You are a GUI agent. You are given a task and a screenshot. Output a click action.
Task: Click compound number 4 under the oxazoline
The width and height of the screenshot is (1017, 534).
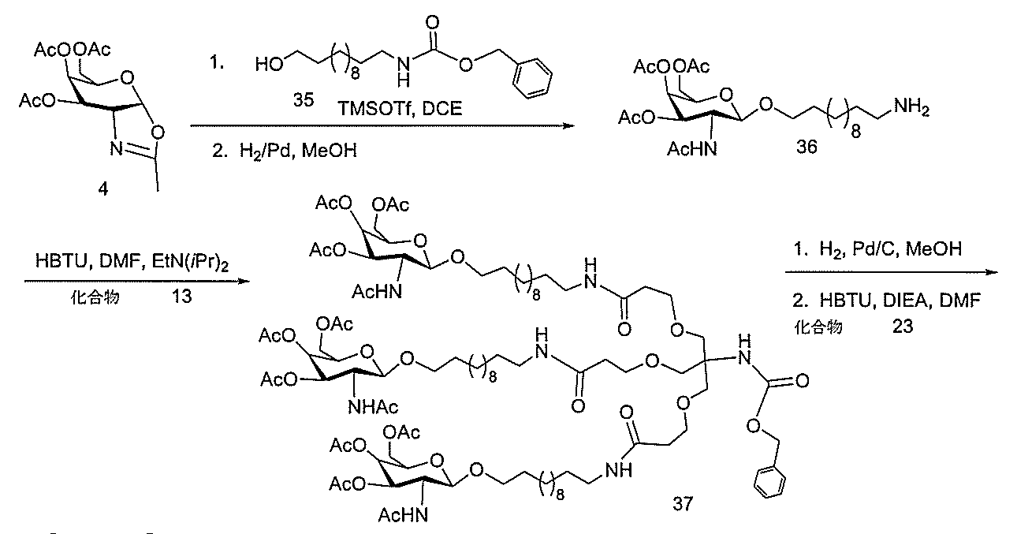[103, 189]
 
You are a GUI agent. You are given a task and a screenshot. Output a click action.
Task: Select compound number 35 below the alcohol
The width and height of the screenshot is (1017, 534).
[304, 99]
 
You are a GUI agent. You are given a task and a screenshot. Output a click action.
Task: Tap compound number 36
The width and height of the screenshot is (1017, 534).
[807, 147]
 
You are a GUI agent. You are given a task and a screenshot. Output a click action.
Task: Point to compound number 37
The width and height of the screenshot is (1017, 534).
[683, 503]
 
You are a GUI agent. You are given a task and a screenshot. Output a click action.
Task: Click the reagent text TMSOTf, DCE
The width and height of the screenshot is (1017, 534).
[400, 109]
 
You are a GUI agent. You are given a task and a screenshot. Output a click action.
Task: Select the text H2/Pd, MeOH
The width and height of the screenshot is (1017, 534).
[285, 151]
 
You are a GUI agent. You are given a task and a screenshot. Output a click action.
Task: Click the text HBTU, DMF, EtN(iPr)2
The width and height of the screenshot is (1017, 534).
[132, 262]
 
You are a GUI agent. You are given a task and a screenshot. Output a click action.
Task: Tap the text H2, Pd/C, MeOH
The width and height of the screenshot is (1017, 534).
[877, 248]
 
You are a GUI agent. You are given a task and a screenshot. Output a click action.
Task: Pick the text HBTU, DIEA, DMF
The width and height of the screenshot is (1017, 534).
[887, 301]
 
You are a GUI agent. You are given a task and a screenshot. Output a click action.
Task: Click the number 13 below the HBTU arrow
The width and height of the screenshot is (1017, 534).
[181, 297]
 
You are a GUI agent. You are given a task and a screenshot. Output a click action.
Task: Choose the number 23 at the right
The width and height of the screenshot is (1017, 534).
[902, 326]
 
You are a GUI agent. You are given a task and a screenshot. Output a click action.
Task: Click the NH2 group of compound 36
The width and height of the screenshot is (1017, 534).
[911, 107]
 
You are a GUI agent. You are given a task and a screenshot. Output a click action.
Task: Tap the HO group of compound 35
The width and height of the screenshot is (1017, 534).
[269, 64]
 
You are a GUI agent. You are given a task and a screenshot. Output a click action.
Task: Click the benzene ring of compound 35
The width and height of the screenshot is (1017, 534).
[532, 78]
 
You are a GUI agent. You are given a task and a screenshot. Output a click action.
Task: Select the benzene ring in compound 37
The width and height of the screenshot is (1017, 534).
[769, 481]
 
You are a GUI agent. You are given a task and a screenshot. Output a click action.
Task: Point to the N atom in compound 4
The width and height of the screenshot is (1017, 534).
[117, 148]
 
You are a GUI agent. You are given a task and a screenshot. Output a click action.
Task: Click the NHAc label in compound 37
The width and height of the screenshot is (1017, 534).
[373, 407]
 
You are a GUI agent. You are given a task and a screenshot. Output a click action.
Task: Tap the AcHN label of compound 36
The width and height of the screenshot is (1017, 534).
[692, 149]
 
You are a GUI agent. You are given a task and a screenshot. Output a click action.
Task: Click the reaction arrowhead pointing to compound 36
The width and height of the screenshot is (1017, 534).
[569, 125]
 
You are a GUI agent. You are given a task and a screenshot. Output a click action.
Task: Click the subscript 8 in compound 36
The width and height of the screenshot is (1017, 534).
[855, 132]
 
